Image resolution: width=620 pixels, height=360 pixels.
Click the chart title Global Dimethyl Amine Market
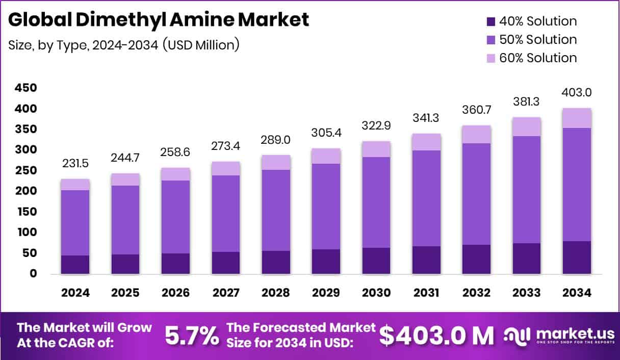(x=158, y=19)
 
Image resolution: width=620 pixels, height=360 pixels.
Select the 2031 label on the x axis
(x=426, y=293)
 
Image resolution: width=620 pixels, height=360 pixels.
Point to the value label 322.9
(x=376, y=124)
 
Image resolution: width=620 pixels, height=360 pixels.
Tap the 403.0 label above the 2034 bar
(x=577, y=92)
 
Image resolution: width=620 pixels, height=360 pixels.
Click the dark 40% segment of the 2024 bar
(x=75, y=265)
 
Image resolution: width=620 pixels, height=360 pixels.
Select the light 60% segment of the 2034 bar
(x=577, y=118)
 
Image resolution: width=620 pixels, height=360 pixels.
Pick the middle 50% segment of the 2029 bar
(x=326, y=207)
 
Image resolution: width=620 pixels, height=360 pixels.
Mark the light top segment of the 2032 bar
(x=476, y=135)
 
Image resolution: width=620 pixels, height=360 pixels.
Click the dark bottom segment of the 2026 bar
(x=175, y=264)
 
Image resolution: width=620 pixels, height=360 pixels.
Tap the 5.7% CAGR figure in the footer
(x=192, y=336)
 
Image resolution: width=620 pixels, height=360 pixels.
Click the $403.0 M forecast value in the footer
(x=437, y=336)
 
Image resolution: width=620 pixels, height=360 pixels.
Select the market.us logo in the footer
(x=559, y=336)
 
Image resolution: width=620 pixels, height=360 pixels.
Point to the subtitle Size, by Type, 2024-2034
(x=124, y=45)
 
